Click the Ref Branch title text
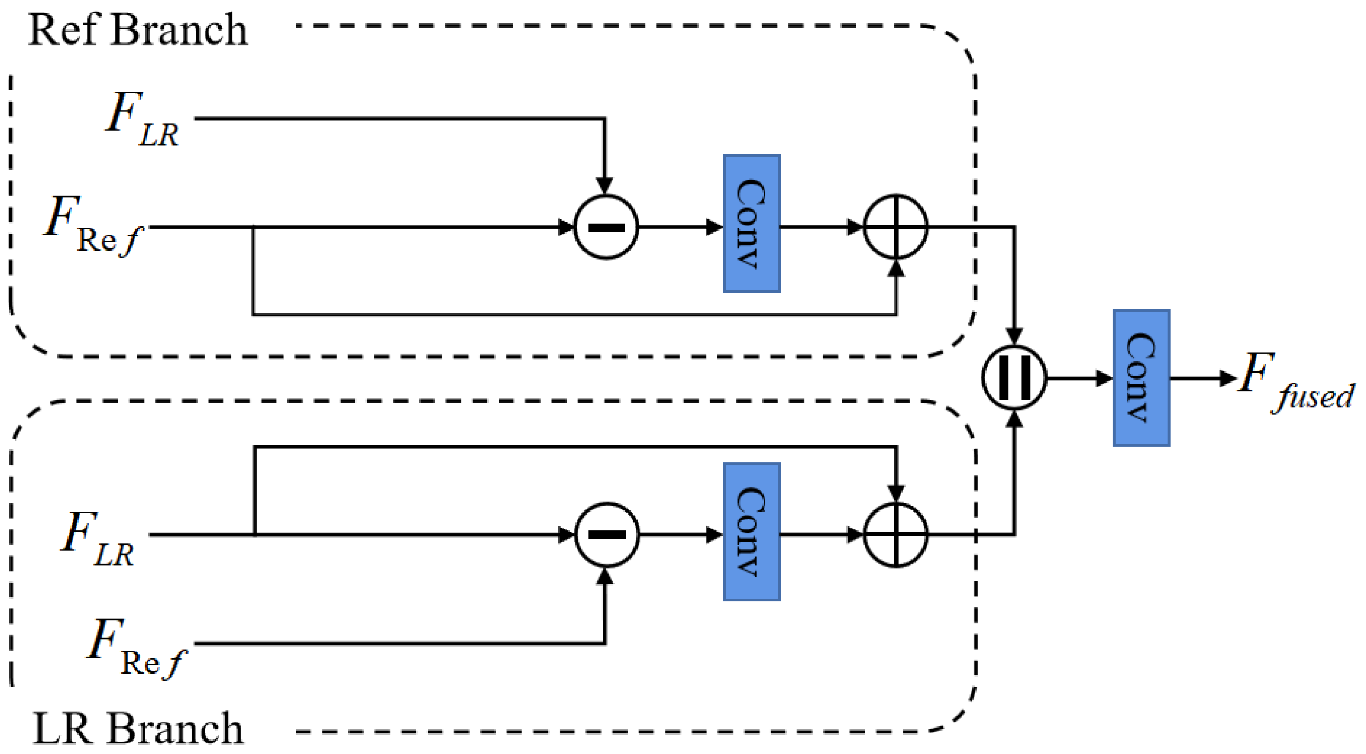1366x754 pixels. (138, 31)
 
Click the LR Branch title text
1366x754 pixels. (138, 728)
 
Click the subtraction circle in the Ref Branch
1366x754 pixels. (606, 227)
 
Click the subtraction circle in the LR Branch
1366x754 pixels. (606, 535)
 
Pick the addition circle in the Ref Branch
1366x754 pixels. (896, 226)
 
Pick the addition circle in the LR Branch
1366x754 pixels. (896, 535)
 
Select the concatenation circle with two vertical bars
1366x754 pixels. (1014, 378)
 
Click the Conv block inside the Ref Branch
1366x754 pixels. (751, 224)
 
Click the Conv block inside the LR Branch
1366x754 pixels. (751, 532)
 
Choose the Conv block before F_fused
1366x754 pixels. (1141, 378)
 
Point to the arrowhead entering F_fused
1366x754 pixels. (1227, 378)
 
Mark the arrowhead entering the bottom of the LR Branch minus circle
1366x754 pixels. (604, 577)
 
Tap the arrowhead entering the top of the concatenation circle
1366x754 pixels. (1014, 337)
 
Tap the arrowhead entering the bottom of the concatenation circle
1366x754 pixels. (1014, 419)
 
